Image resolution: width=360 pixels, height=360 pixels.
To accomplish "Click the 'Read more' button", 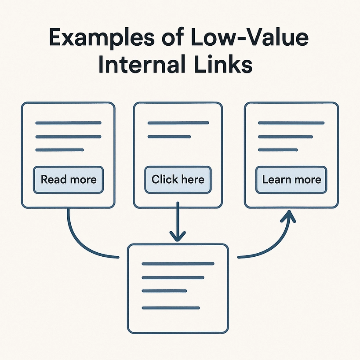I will click(x=68, y=180).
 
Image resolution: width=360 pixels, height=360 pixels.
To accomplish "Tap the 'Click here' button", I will click(x=178, y=180).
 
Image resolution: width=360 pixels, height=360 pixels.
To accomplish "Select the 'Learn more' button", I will click(x=291, y=180).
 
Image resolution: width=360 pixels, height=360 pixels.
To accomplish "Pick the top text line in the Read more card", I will click(x=68, y=123).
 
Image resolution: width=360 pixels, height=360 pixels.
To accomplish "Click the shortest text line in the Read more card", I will click(x=59, y=150).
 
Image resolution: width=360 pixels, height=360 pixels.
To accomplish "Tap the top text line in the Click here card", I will click(x=178, y=123).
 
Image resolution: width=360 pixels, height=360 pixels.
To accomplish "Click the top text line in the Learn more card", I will click(x=291, y=123).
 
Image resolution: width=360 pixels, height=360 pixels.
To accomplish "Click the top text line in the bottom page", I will click(x=178, y=264).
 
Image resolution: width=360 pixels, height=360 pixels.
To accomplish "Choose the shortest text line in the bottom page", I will click(x=165, y=291).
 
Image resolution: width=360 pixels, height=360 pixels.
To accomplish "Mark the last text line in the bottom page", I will click(x=171, y=307).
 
